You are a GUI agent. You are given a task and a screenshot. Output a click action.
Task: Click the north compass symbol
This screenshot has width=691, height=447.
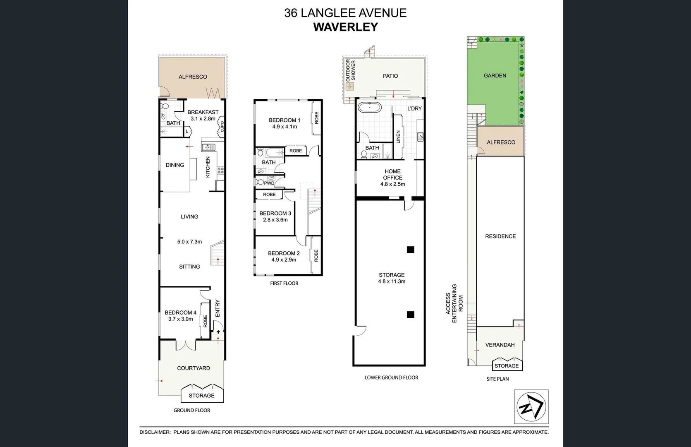tap(531, 407)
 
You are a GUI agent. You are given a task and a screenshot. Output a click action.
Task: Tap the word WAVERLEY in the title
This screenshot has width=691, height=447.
tap(345, 27)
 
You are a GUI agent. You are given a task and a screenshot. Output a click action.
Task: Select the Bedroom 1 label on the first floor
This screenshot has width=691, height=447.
tap(284, 120)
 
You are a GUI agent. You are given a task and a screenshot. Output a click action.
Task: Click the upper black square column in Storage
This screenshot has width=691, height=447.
tap(410, 250)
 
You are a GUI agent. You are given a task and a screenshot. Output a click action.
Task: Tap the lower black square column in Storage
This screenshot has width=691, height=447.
tap(410, 315)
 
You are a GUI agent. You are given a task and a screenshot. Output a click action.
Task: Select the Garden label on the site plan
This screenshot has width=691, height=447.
tap(495, 76)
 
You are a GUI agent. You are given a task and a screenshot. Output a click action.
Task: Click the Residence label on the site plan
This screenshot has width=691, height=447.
tap(500, 236)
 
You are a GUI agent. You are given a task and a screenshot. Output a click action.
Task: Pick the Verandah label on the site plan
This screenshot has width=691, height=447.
tap(500, 345)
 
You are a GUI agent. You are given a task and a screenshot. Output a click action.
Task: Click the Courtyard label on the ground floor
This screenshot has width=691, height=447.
tap(194, 368)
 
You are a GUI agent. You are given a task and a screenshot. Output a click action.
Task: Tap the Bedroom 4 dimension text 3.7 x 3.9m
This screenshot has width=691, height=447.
tap(180, 319)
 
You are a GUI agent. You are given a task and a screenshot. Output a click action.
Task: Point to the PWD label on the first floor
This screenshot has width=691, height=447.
tap(269, 183)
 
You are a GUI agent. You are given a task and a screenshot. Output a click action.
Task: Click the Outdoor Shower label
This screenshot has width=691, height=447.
tap(350, 70)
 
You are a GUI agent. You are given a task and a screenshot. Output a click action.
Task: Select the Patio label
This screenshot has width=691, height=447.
tap(390, 76)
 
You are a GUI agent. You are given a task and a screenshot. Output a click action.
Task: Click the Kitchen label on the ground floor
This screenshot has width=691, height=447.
tap(208, 167)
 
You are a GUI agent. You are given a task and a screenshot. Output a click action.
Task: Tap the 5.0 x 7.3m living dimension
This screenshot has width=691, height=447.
tap(189, 242)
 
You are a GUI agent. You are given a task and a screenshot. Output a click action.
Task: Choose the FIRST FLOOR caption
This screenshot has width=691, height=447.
tap(284, 284)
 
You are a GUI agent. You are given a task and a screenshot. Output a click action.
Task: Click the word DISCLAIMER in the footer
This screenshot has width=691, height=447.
tap(155, 432)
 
